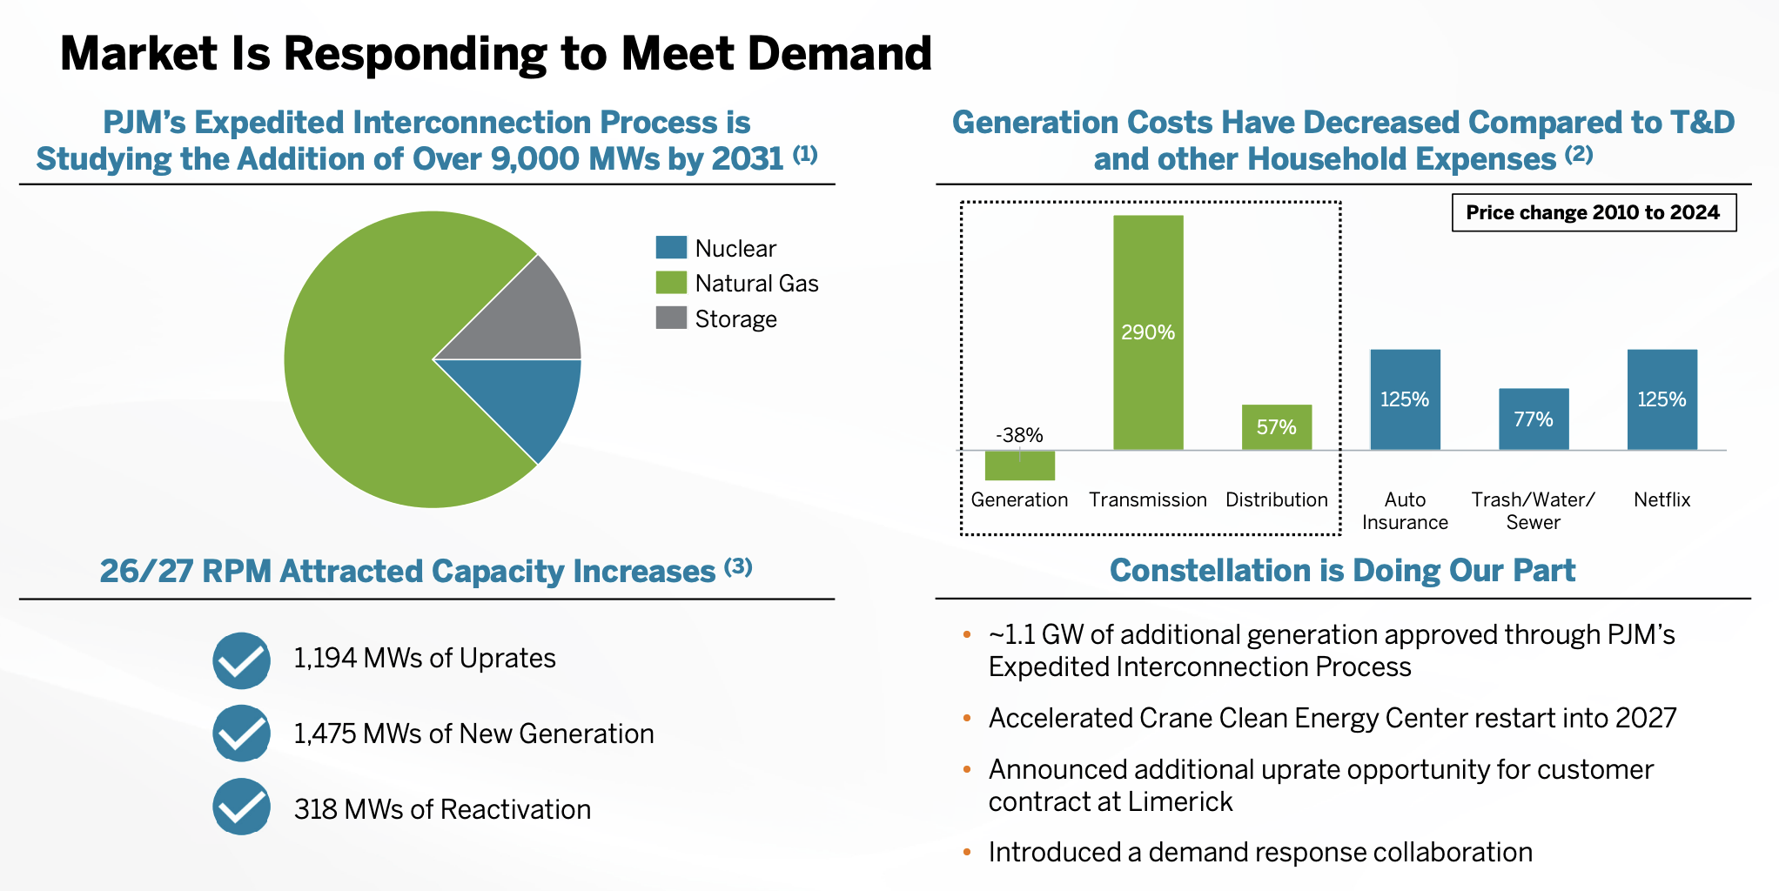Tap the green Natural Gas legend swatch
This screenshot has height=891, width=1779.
(671, 283)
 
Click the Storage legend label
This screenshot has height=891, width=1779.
(735, 319)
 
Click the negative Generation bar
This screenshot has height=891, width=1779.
(1019, 466)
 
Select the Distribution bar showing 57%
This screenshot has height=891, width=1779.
(1276, 427)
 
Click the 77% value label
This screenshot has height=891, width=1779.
(1533, 419)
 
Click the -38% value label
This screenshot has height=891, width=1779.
(1019, 435)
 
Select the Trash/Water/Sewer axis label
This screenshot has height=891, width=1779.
(1533, 511)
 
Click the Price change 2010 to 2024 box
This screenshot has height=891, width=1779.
(1593, 212)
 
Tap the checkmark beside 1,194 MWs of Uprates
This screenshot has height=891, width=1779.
(241, 660)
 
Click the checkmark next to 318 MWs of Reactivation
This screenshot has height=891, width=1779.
(241, 807)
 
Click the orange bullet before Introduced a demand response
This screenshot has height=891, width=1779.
(966, 853)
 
